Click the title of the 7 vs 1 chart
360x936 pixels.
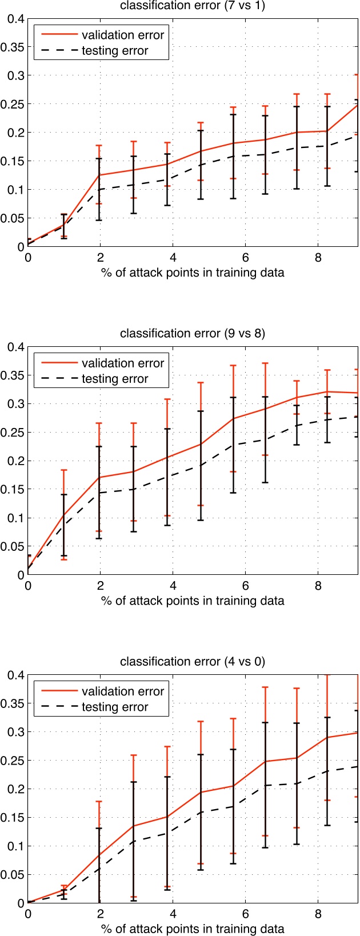click(x=193, y=6)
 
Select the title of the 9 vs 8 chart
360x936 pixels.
click(x=193, y=334)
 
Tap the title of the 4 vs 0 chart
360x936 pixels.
click(x=193, y=662)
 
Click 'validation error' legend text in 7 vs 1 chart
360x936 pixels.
click(x=123, y=35)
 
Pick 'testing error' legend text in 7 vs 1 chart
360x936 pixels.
click(x=115, y=51)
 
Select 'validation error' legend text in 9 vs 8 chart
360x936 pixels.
click(x=123, y=363)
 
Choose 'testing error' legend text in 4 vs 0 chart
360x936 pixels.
click(x=115, y=707)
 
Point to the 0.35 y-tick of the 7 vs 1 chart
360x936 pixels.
click(x=13, y=47)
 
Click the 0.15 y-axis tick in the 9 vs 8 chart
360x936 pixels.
click(x=13, y=489)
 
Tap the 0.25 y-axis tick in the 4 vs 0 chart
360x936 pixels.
click(x=13, y=760)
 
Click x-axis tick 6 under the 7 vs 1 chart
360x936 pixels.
click(x=245, y=258)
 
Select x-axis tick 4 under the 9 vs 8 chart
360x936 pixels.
click(x=173, y=586)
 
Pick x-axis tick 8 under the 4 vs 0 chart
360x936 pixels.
click(x=318, y=914)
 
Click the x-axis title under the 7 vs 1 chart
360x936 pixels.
click(x=193, y=273)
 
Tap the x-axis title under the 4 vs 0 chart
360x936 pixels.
click(x=193, y=929)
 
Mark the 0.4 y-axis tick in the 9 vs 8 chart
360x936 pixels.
click(x=15, y=346)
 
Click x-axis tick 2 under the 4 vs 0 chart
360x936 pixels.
click(x=100, y=914)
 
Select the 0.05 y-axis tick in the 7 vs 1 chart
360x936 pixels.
click(x=13, y=218)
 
